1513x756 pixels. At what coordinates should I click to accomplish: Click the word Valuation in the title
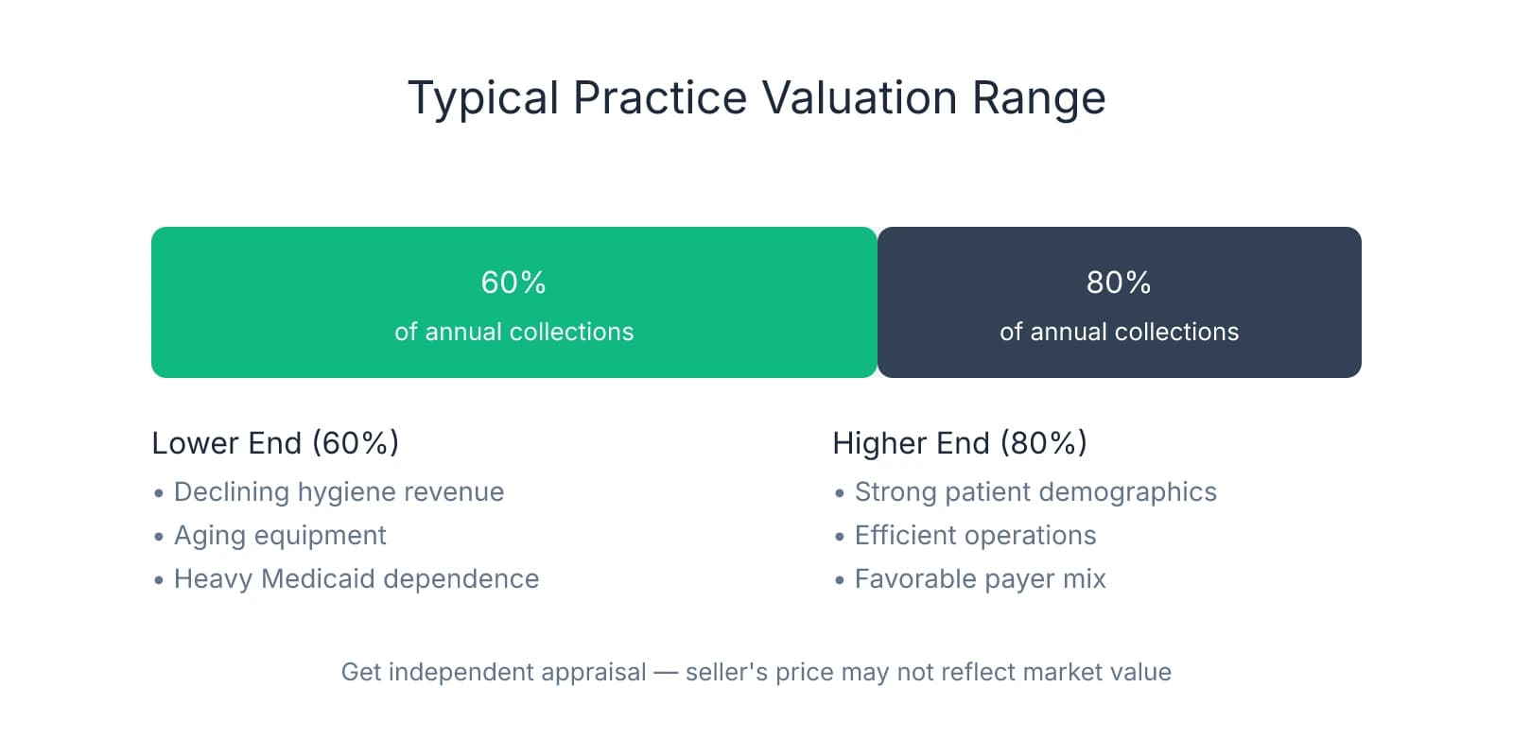(x=860, y=98)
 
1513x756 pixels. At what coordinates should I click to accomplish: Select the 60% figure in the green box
(x=513, y=283)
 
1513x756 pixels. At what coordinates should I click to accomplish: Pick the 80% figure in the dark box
(x=1119, y=283)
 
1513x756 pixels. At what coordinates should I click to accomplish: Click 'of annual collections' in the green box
(x=513, y=332)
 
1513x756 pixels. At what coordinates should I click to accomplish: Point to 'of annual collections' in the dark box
(x=1119, y=332)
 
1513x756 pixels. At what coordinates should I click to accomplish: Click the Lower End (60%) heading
(x=275, y=443)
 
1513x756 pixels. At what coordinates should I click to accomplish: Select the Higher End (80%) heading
(x=960, y=443)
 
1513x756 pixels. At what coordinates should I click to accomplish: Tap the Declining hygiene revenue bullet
(x=339, y=492)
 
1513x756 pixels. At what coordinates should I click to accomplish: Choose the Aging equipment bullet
(x=280, y=536)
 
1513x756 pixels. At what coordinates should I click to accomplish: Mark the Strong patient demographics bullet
(x=1035, y=492)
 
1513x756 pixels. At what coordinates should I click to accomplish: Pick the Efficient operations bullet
(x=975, y=536)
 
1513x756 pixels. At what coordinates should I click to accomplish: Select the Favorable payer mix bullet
(x=980, y=579)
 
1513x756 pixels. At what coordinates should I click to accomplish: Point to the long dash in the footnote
(x=666, y=672)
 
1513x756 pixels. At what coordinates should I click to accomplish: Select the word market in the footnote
(x=1066, y=672)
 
